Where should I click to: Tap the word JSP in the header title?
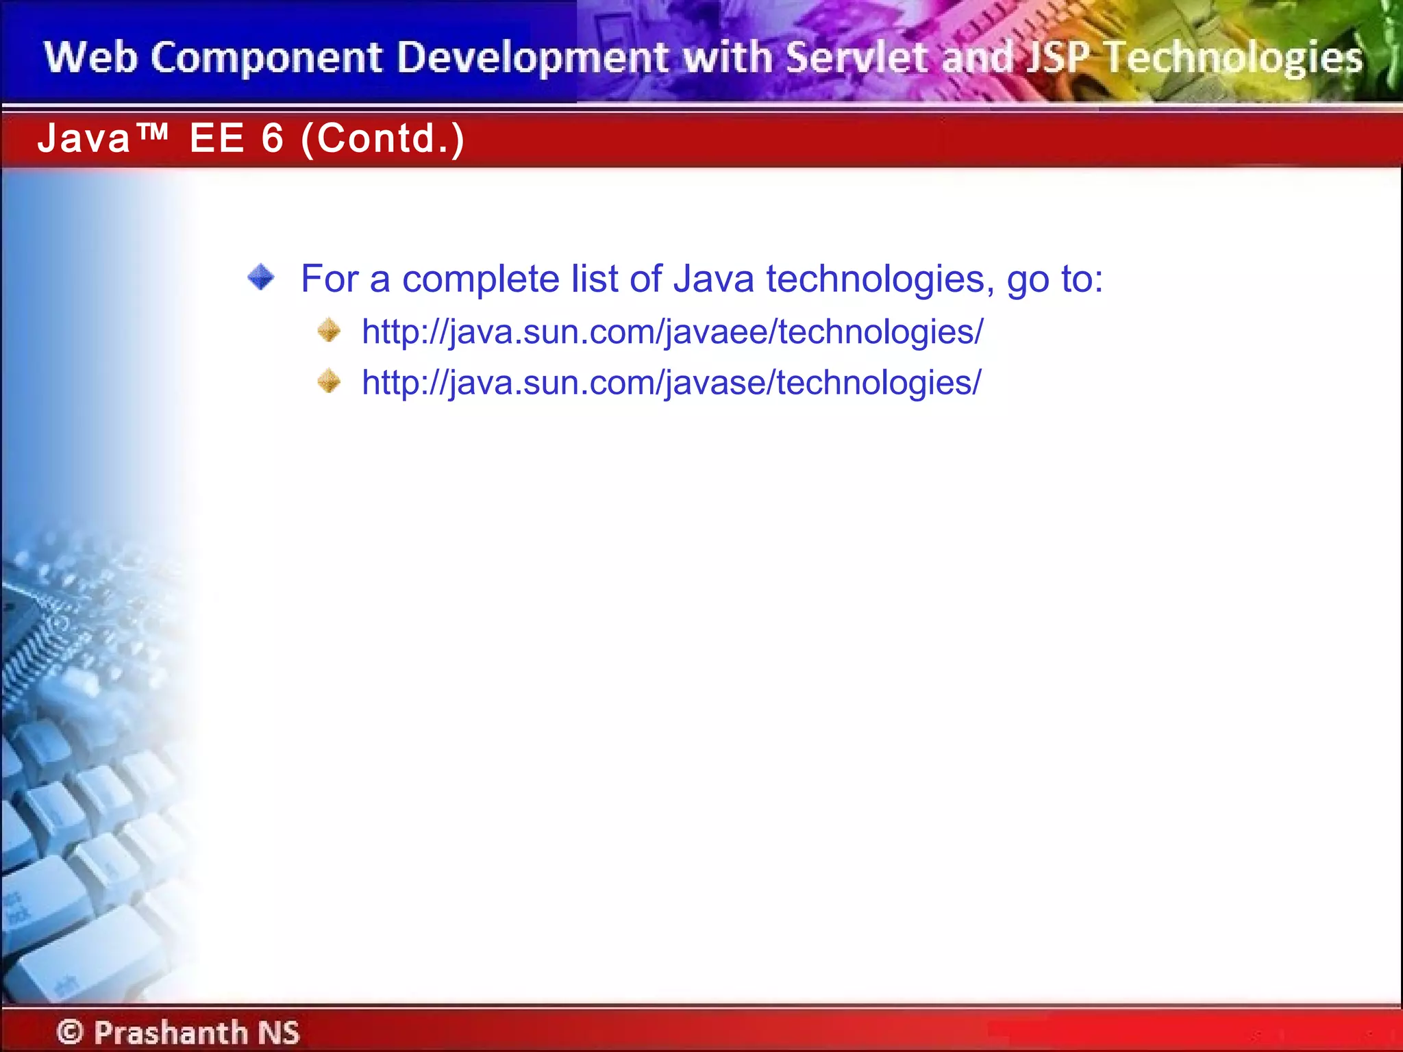point(1056,58)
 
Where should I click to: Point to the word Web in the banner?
point(90,58)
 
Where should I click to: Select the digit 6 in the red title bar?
point(272,138)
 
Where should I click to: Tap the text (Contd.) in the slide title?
point(383,139)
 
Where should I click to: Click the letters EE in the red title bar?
point(216,138)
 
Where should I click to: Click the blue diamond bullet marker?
point(261,277)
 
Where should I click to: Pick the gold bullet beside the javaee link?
point(329,330)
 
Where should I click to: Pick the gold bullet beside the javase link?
point(329,381)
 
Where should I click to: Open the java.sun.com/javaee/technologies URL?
point(672,332)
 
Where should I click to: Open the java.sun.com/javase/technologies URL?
point(671,383)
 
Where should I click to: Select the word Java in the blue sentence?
point(713,279)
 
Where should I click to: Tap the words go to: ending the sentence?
point(1055,279)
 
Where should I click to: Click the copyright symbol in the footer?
point(70,1031)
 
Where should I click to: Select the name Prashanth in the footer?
point(171,1032)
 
